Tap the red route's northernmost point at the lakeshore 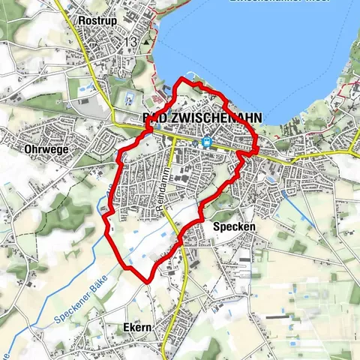[x=182, y=79]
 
